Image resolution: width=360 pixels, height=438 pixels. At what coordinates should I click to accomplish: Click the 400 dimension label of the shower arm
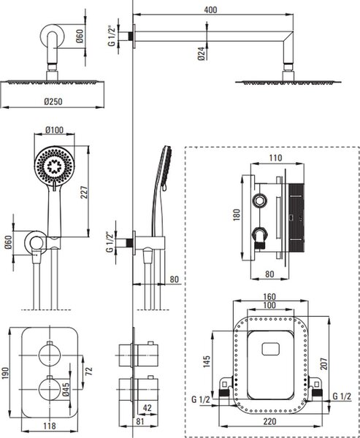[210, 9]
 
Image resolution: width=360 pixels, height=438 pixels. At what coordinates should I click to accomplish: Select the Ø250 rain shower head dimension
[53, 102]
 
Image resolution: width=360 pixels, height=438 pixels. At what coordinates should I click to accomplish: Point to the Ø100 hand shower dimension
[54, 130]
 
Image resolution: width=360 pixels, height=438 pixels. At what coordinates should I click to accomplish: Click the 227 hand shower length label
[85, 192]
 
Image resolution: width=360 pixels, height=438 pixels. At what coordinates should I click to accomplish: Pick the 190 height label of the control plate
[5, 372]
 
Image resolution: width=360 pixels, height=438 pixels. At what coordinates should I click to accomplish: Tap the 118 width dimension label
[50, 426]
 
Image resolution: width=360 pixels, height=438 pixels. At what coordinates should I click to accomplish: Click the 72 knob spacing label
[88, 371]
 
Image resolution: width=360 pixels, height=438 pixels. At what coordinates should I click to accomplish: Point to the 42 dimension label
[147, 408]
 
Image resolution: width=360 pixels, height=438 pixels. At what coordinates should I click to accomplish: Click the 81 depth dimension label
[139, 421]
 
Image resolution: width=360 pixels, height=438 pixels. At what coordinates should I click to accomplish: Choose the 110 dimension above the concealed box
[276, 158]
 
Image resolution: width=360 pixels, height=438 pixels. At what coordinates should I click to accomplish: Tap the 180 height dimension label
[237, 215]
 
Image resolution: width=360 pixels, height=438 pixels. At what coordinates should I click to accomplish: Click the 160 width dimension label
[269, 296]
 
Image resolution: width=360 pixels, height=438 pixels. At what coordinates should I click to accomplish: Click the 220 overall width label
[269, 421]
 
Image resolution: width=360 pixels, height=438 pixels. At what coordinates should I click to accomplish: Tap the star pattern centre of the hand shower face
[54, 166]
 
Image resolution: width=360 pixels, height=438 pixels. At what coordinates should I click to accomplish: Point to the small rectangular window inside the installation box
[271, 349]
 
